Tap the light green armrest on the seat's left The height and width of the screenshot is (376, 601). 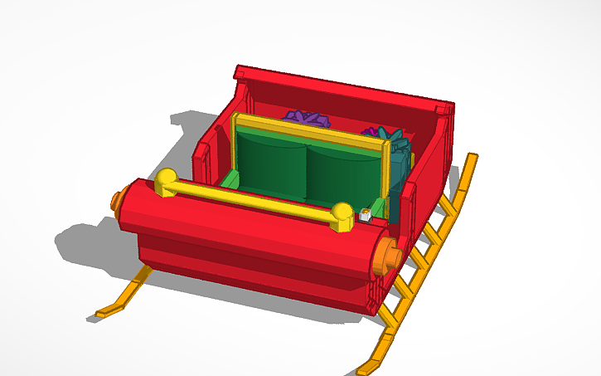pyautogui.click(x=230, y=178)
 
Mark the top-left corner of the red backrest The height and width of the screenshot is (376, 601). pyautogui.click(x=240, y=71)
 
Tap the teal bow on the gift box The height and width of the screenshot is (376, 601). pyautogui.click(x=381, y=133)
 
